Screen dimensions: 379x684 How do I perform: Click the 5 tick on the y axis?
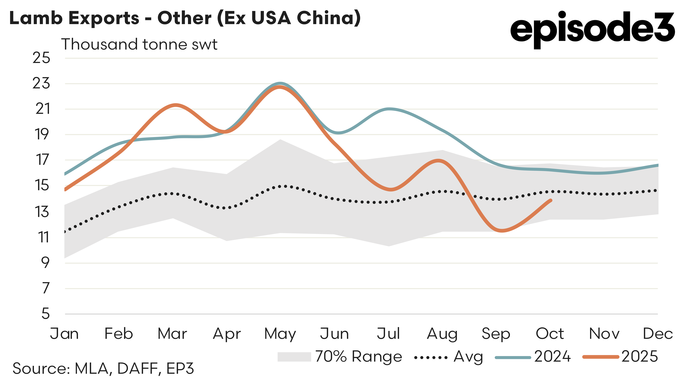[46, 314]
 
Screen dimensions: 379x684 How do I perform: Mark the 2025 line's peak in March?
[175, 105]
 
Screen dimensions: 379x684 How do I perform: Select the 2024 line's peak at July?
[389, 109]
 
